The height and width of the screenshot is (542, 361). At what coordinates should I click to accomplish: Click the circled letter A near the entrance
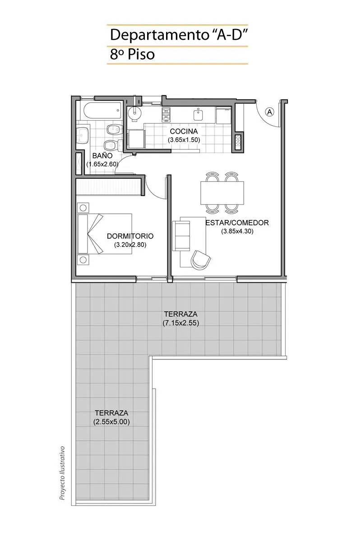pyautogui.click(x=269, y=112)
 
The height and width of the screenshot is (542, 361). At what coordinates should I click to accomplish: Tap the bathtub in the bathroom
pyautogui.click(x=102, y=110)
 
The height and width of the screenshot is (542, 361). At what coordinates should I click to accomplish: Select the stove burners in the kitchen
pyautogui.click(x=166, y=114)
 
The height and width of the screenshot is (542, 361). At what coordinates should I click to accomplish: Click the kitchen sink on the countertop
pyautogui.click(x=198, y=114)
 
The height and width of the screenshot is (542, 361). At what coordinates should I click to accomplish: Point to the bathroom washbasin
pyautogui.click(x=82, y=135)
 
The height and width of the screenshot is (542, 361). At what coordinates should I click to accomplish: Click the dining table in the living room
pyautogui.click(x=222, y=193)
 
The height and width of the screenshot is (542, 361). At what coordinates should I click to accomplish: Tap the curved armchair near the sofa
pyautogui.click(x=201, y=259)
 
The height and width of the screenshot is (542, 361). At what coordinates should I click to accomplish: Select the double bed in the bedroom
pyautogui.click(x=104, y=234)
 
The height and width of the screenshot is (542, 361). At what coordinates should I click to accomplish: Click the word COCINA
pyautogui.click(x=184, y=131)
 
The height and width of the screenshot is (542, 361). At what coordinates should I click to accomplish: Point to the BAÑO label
pyautogui.click(x=99, y=155)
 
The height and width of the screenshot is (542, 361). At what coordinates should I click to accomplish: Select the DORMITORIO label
pyautogui.click(x=130, y=236)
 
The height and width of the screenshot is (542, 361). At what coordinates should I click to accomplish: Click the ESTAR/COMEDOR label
pyautogui.click(x=237, y=223)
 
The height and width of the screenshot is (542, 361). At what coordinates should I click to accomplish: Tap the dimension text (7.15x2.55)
pyautogui.click(x=181, y=323)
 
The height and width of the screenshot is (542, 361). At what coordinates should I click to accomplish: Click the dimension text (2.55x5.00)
pyautogui.click(x=111, y=422)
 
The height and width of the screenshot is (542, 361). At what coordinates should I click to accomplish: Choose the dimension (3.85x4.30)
pyautogui.click(x=237, y=231)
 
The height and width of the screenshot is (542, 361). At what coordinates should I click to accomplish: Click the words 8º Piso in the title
pyautogui.click(x=132, y=55)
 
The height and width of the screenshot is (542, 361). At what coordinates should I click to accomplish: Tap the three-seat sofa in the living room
pyautogui.click(x=181, y=236)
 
